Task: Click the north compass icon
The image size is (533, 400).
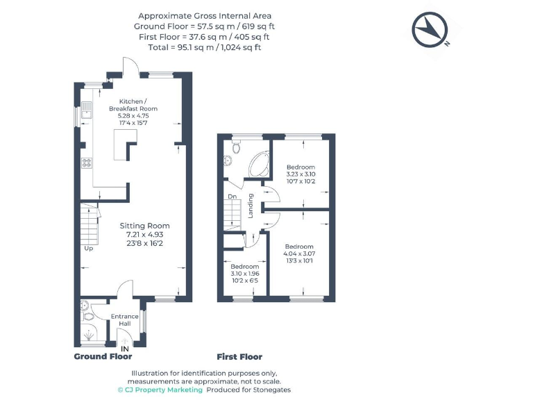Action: [430, 31]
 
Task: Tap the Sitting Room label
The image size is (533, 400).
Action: [144, 226]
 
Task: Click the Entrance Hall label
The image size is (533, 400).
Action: [125, 320]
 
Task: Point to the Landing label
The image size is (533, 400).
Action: [251, 206]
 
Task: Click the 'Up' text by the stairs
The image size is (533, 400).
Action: [88, 248]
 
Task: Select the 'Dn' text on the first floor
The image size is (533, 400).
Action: [232, 197]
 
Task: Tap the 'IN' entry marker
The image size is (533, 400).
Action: [125, 348]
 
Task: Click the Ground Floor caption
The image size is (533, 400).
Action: [103, 357]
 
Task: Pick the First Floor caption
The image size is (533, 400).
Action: [239, 357]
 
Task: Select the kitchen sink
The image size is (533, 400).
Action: [86, 110]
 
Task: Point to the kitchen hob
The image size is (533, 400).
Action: [87, 163]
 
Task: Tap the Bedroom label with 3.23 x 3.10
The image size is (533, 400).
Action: [301, 167]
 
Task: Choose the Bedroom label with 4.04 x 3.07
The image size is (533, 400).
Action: [299, 247]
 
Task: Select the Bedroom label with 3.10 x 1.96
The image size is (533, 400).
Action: [244, 267]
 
